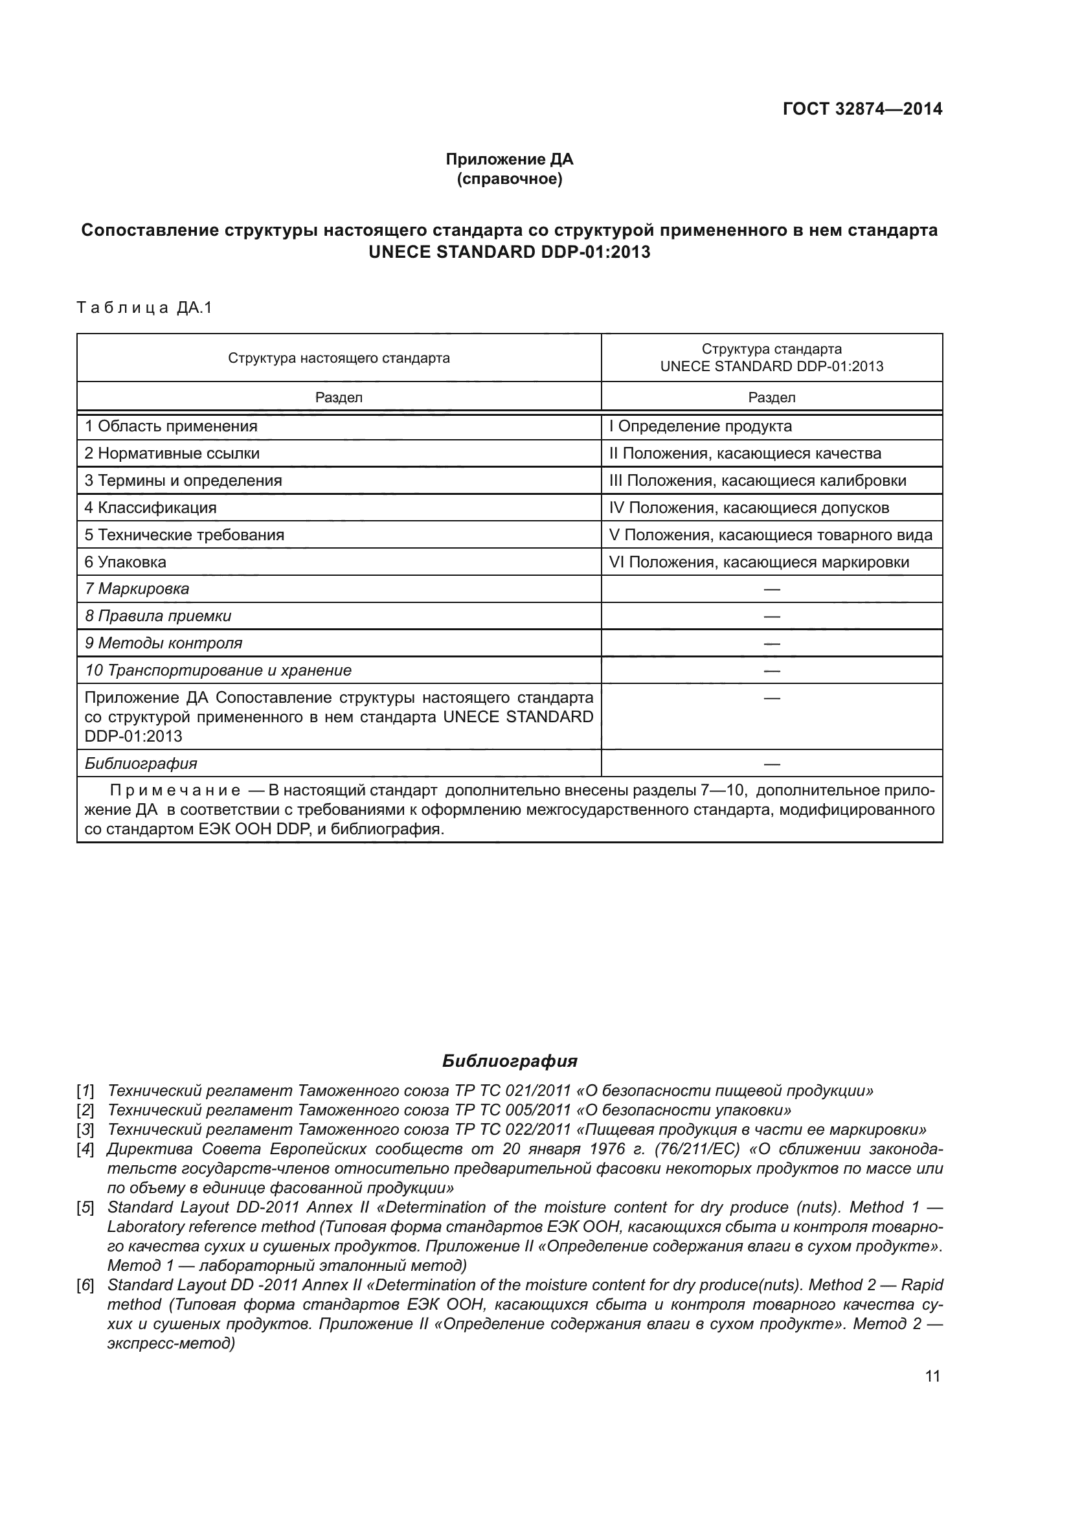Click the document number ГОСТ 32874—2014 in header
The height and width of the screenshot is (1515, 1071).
pyautogui.click(x=862, y=109)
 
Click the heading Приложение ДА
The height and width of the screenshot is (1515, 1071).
pyautogui.click(x=509, y=159)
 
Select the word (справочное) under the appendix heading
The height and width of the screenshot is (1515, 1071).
pyautogui.click(x=509, y=179)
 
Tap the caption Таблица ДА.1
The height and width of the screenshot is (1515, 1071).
pyautogui.click(x=144, y=308)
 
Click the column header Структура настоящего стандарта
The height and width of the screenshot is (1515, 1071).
pyautogui.click(x=339, y=358)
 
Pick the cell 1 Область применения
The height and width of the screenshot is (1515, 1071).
pyautogui.click(x=171, y=426)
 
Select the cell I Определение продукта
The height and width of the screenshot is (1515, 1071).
pyautogui.click(x=701, y=426)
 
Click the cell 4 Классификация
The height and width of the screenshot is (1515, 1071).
pyautogui.click(x=150, y=507)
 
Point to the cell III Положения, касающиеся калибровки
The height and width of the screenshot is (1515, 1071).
pyautogui.click(x=758, y=481)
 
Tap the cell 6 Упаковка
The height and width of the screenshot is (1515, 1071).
pyautogui.click(x=126, y=562)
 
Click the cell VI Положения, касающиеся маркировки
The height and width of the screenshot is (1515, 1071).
pyautogui.click(x=759, y=562)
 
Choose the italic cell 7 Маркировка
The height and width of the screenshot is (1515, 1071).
pyautogui.click(x=137, y=589)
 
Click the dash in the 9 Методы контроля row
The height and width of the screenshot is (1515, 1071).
pyautogui.click(x=772, y=643)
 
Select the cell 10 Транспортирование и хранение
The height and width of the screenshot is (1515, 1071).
pyautogui.click(x=218, y=670)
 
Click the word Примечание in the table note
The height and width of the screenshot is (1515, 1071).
pyautogui.click(x=175, y=790)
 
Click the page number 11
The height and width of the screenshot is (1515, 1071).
pyautogui.click(x=932, y=1376)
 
